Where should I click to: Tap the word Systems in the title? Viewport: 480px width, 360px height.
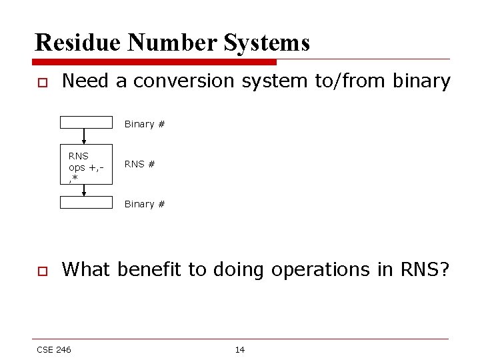pyautogui.click(x=268, y=43)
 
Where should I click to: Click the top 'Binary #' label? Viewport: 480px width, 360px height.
pyautogui.click(x=145, y=124)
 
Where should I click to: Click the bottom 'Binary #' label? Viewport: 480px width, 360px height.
pyautogui.click(x=145, y=204)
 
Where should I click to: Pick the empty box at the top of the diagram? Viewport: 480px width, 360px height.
pyautogui.click(x=87, y=122)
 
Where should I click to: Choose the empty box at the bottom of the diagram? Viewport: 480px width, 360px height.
pyautogui.click(x=87, y=202)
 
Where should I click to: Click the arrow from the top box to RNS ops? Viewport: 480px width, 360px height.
pyautogui.click(x=84, y=136)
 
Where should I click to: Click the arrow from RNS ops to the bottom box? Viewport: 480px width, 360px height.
pyautogui.click(x=84, y=190)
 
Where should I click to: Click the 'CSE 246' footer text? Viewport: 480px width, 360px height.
pyautogui.click(x=54, y=349)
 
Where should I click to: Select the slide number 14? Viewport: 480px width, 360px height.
pyautogui.click(x=240, y=349)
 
